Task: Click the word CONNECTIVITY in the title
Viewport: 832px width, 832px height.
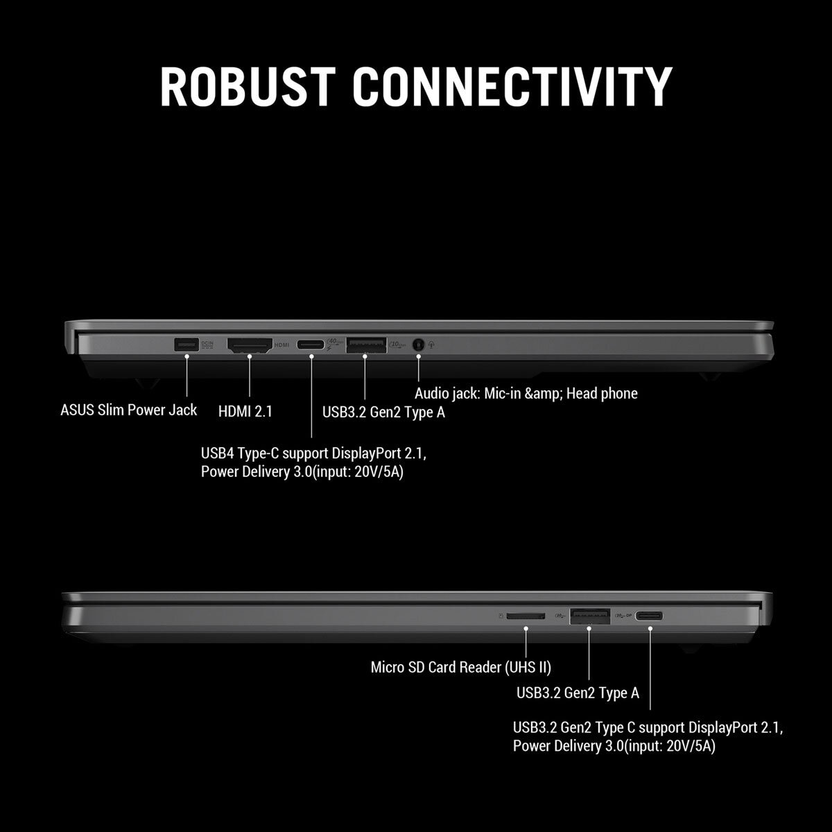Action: click(512, 87)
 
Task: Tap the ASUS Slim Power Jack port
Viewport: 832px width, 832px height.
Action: click(187, 345)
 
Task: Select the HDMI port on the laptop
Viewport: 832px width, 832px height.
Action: click(250, 345)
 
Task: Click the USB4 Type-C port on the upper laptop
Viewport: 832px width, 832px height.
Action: click(311, 345)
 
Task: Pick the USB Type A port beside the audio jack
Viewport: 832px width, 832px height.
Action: click(366, 345)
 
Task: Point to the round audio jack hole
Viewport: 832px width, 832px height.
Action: click(418, 345)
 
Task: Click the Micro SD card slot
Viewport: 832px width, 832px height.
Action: click(526, 616)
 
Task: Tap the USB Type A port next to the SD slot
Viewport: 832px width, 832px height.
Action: click(590, 616)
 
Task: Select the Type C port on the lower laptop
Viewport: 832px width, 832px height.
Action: click(649, 616)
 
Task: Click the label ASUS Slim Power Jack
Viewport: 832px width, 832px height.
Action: click(129, 410)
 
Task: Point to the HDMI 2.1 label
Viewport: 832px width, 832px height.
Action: click(245, 411)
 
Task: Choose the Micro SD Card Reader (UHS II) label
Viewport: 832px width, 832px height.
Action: click(460, 667)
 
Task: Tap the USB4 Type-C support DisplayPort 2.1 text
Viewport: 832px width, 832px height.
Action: click(313, 453)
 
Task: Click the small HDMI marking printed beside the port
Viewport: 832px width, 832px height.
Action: click(282, 345)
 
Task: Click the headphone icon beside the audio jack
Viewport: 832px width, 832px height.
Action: click(431, 345)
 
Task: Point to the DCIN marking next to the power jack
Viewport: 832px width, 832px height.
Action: click(207, 344)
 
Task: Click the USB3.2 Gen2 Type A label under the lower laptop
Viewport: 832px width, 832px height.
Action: click(578, 693)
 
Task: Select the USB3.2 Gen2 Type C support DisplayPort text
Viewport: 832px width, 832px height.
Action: click(648, 727)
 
